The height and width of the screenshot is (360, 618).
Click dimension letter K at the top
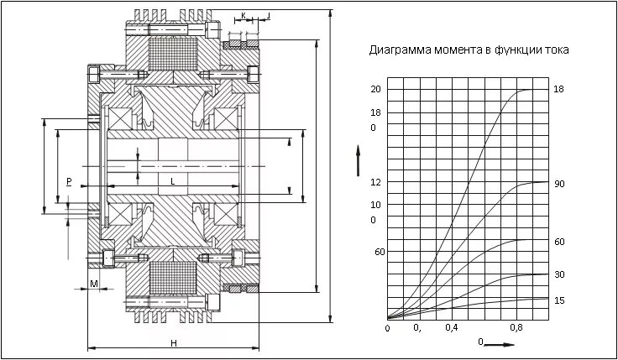click(243, 16)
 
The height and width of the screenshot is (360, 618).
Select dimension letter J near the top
click(268, 16)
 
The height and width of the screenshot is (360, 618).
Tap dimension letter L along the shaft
click(172, 180)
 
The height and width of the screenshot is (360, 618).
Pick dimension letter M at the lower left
click(94, 284)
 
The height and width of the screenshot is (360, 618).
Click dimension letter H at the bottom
click(173, 343)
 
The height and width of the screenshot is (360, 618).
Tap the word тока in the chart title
click(558, 50)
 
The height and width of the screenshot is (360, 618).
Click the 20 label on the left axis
click(375, 89)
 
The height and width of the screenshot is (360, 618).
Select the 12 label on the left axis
click(375, 182)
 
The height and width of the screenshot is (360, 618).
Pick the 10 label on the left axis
click(375, 205)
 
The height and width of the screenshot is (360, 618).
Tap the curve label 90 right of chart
click(559, 183)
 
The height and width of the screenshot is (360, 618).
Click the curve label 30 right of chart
click(559, 274)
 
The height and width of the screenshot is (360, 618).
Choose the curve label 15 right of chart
click(559, 300)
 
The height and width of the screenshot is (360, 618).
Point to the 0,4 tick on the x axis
click(452, 327)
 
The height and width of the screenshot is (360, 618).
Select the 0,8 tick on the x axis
click(516, 327)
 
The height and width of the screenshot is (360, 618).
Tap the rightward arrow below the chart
click(501, 343)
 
